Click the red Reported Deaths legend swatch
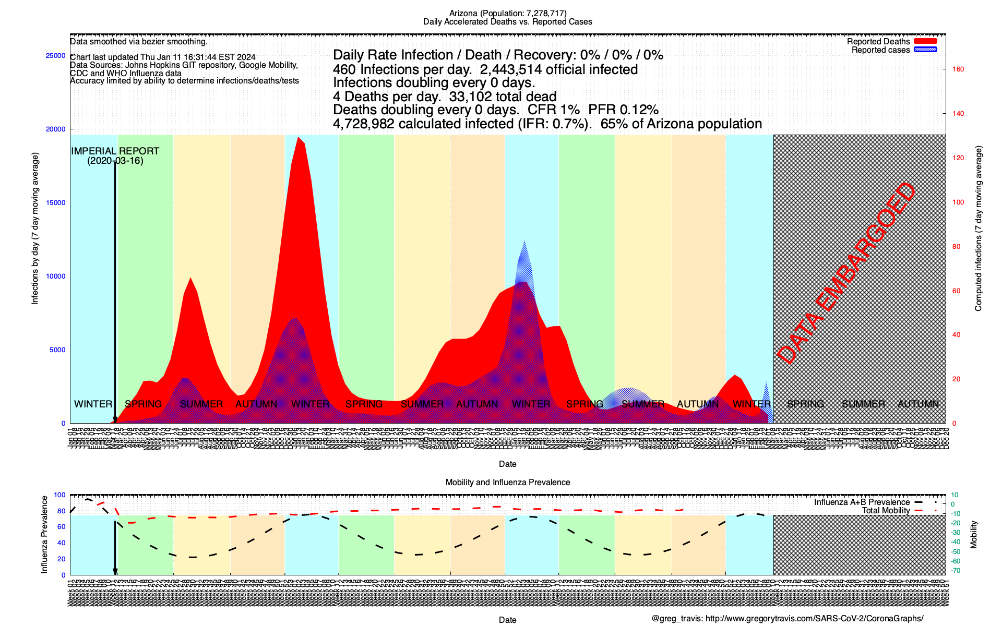pos(925,41)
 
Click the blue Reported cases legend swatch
pos(925,50)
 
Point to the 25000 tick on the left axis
pos(56,56)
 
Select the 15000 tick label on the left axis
pos(56,203)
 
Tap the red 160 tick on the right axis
pos(958,69)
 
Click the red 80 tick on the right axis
pos(956,246)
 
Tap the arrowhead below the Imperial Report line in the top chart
pos(115,420)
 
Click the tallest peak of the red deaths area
pos(298,138)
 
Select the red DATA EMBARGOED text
pos(846,273)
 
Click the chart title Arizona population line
pos(508,13)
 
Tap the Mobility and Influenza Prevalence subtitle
pos(508,482)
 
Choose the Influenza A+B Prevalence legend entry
pos(862,502)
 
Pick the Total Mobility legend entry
pos(886,511)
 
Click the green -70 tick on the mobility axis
pos(956,570)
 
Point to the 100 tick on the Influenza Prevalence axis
pos(59,495)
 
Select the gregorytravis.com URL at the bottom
pos(814,619)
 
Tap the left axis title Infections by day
pos(35,228)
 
